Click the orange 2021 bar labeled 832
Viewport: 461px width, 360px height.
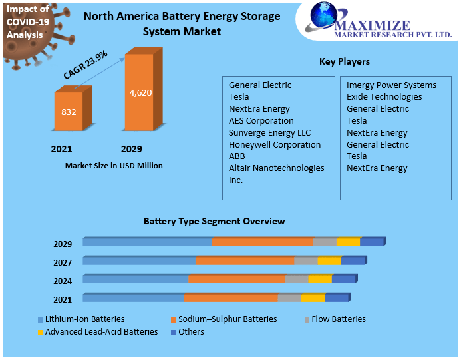pos(69,112)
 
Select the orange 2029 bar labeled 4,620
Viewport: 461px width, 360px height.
pos(140,92)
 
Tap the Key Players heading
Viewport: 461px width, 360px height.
pos(344,62)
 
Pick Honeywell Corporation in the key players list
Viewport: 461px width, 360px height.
pos(274,144)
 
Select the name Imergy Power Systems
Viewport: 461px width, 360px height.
pos(391,85)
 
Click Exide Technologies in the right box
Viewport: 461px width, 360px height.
pos(384,96)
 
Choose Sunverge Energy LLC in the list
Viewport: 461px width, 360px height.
pos(269,132)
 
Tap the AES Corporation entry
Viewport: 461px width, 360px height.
pos(261,120)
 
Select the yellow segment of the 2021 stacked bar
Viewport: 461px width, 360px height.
pos(313,297)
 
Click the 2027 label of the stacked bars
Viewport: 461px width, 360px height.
pos(63,262)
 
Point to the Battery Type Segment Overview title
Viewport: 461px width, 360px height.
pos(214,221)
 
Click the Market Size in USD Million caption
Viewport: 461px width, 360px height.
pos(114,166)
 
